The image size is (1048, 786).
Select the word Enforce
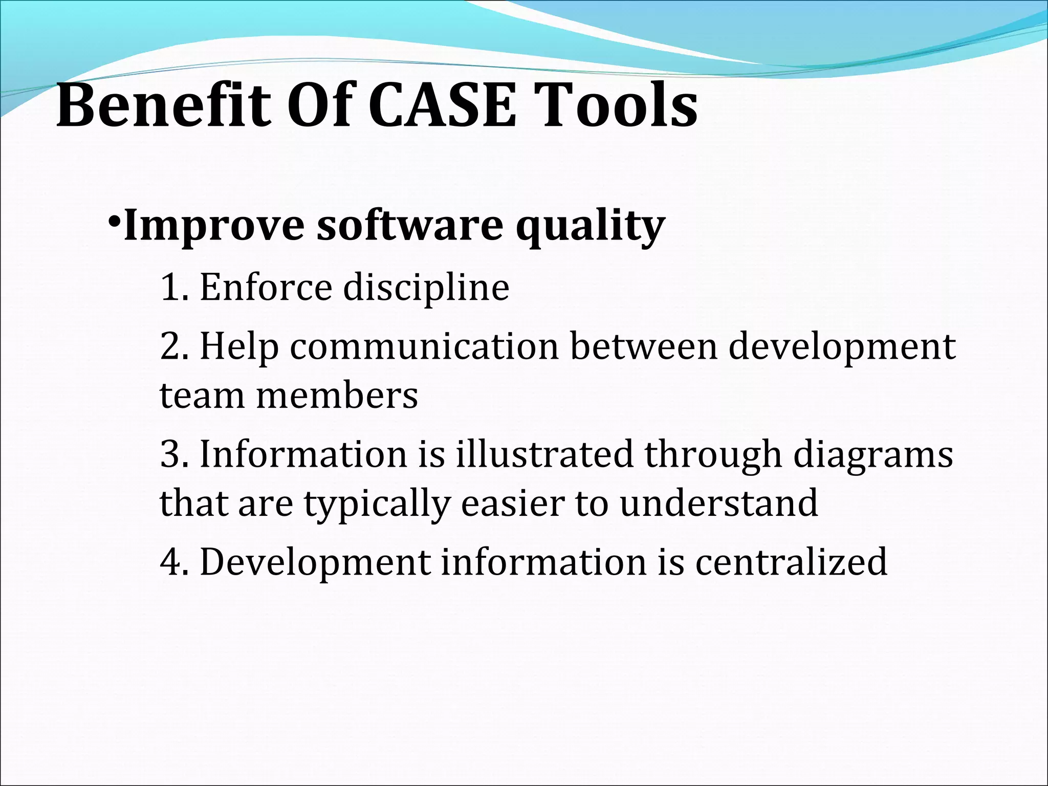tap(266, 288)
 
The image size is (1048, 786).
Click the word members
tap(337, 396)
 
